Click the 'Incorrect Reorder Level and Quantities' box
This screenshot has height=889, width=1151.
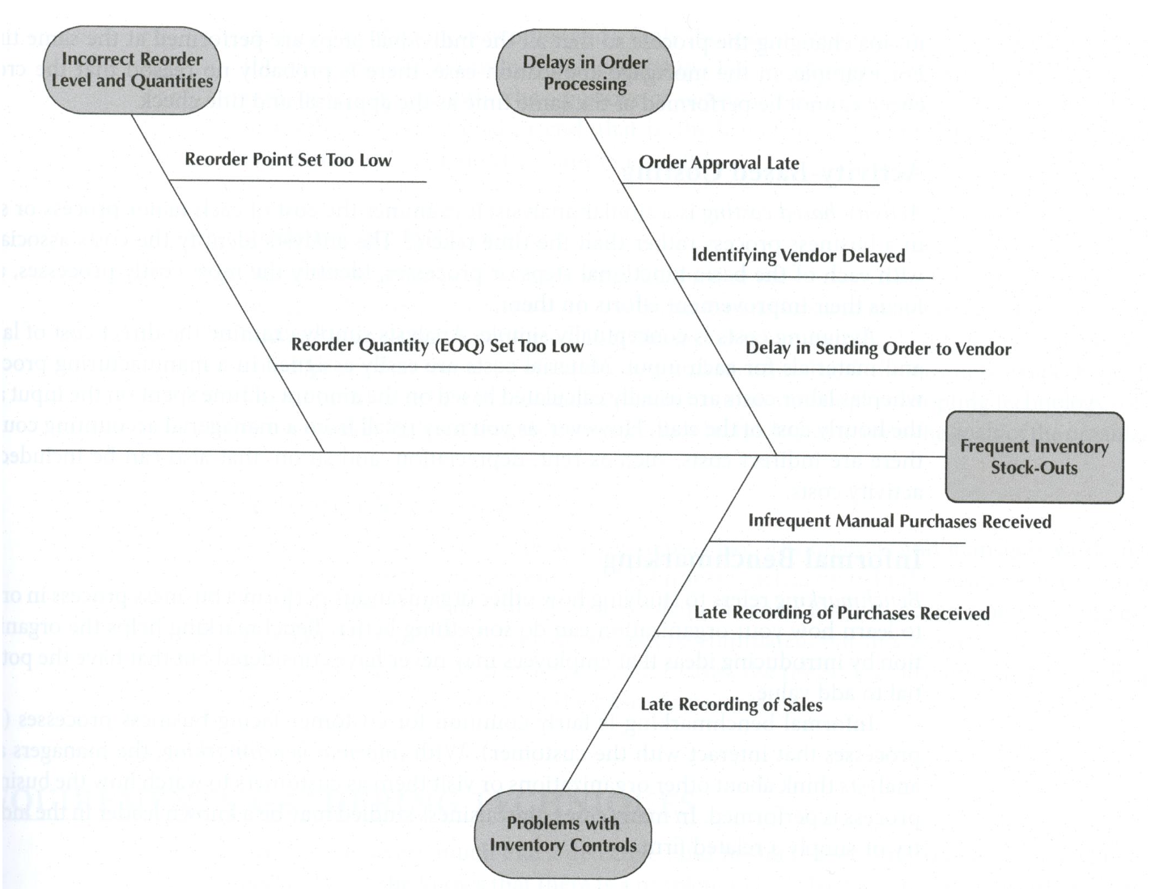click(132, 70)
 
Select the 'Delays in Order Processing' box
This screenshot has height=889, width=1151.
click(584, 74)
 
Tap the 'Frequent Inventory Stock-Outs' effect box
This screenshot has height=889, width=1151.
click(1034, 457)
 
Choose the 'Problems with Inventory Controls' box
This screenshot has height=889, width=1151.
click(563, 835)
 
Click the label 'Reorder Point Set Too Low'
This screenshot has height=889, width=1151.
click(287, 160)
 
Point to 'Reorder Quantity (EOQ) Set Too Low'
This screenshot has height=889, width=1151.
click(437, 346)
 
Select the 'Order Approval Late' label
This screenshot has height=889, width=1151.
click(719, 163)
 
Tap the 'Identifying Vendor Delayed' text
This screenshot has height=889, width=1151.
click(798, 256)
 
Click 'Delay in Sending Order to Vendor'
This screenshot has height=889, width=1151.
click(878, 349)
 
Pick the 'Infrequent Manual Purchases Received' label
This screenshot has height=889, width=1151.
click(899, 521)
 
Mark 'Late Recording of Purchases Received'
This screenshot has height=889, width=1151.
click(842, 613)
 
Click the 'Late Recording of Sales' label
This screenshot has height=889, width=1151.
click(731, 704)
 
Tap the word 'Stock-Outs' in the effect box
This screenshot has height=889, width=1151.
click(1034, 468)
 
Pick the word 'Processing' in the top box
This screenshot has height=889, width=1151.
click(584, 84)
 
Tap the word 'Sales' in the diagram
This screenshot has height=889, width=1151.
click(801, 704)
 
